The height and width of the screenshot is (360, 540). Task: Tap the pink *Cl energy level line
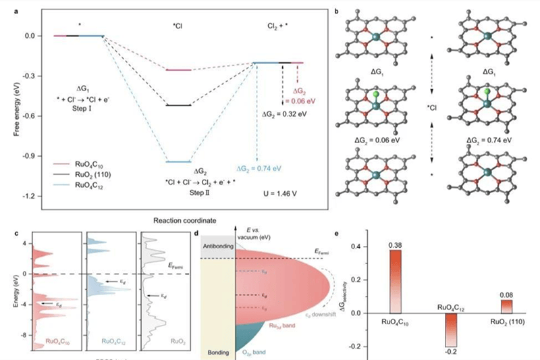click(x=178, y=70)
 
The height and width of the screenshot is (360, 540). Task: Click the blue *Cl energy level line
click(x=178, y=162)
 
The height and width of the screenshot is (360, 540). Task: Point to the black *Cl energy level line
click(x=178, y=105)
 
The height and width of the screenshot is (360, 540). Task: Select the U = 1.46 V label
click(x=283, y=192)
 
